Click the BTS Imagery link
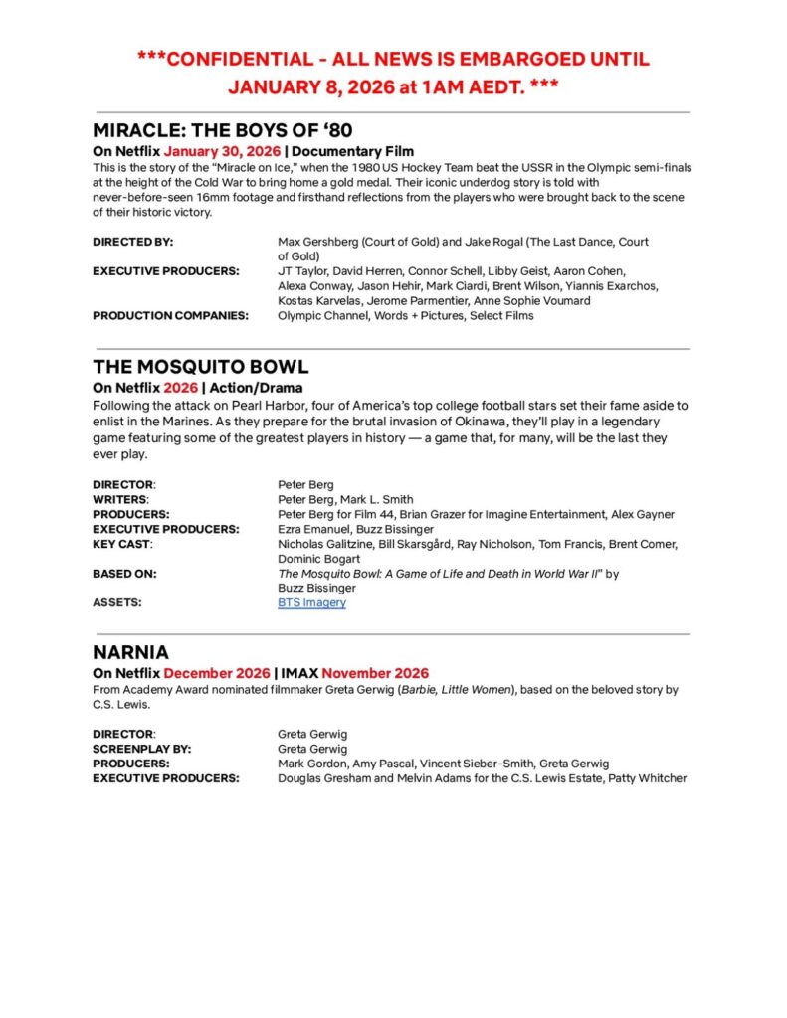pos(311,602)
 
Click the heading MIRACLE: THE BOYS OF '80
pos(222,130)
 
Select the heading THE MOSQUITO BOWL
pos(200,366)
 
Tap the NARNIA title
pos(130,652)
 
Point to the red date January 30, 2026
pos(222,152)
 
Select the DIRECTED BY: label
pos(132,242)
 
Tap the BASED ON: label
pos(124,574)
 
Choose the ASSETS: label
pos(117,602)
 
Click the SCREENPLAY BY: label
pos(142,749)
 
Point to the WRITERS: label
pos(121,499)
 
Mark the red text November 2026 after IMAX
pos(375,674)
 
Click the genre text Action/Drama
pos(256,388)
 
